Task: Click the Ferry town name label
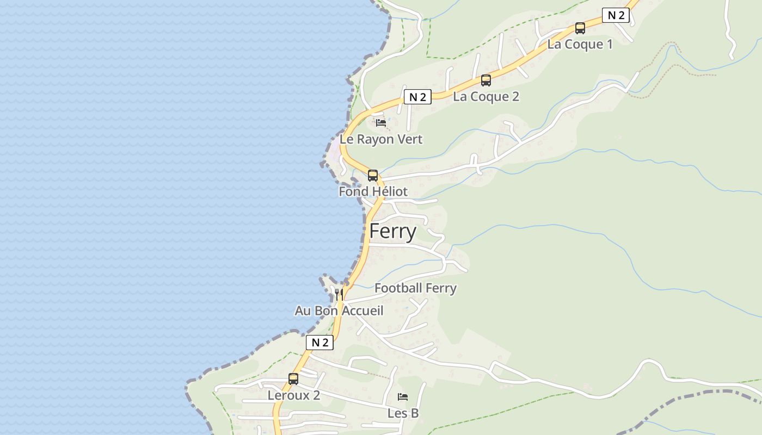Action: coord(392,232)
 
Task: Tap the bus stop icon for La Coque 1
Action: coord(580,28)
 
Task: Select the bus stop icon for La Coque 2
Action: coord(486,80)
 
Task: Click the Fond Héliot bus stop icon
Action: coord(373,176)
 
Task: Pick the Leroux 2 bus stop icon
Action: coord(293,379)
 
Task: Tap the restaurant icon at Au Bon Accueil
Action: coord(339,294)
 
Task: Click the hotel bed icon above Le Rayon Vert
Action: coord(381,123)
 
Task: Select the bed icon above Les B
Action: coord(403,396)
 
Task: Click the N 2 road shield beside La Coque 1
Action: coord(616,15)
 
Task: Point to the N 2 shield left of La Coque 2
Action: coord(417,97)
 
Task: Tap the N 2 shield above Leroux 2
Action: coord(319,343)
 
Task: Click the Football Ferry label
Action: coord(415,288)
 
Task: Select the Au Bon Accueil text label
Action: coord(339,311)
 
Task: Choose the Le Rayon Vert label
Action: coord(381,139)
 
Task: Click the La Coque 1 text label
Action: coord(580,45)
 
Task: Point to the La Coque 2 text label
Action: coord(486,97)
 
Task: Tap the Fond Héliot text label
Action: coord(373,191)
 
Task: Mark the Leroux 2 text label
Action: coord(293,395)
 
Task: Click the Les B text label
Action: coord(403,413)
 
